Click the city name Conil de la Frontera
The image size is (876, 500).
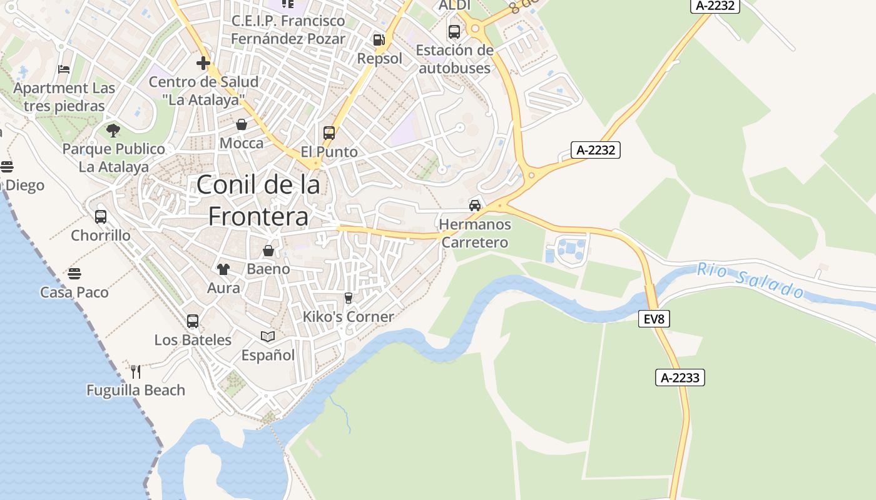(x=258, y=200)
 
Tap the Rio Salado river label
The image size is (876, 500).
(x=751, y=281)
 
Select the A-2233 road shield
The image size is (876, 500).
(x=680, y=377)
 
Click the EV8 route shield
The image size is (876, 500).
(x=654, y=319)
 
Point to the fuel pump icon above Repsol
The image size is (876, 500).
(x=379, y=40)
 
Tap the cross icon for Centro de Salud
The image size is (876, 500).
(x=203, y=63)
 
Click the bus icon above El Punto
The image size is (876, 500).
(x=329, y=132)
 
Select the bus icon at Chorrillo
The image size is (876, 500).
(x=101, y=217)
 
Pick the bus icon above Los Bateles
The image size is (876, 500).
(x=193, y=321)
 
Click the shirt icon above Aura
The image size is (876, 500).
(x=223, y=269)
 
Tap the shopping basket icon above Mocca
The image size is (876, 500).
(x=242, y=124)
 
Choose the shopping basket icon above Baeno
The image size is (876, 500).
(x=268, y=251)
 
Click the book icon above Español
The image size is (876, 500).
(x=268, y=336)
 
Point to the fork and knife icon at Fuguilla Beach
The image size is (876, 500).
(x=136, y=371)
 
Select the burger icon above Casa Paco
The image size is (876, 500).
(x=74, y=274)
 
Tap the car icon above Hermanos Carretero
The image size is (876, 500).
(x=475, y=205)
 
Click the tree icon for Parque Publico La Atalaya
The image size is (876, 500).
(x=113, y=130)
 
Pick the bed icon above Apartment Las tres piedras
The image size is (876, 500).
(x=64, y=69)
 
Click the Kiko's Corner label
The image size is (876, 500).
(x=349, y=317)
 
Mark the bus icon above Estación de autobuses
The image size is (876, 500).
(x=454, y=31)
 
